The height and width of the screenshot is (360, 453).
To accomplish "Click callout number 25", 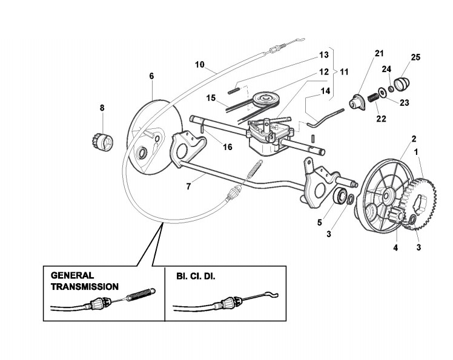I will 415,57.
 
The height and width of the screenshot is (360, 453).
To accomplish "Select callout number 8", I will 102,108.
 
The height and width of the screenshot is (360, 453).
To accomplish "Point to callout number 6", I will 151,76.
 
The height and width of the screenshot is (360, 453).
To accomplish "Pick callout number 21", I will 379,54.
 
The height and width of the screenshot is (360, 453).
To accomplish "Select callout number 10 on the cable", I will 200,64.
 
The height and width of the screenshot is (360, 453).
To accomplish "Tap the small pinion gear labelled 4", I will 397,217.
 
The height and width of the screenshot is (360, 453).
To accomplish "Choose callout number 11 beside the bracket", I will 344,71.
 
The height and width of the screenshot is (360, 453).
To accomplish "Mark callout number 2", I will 414,139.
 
